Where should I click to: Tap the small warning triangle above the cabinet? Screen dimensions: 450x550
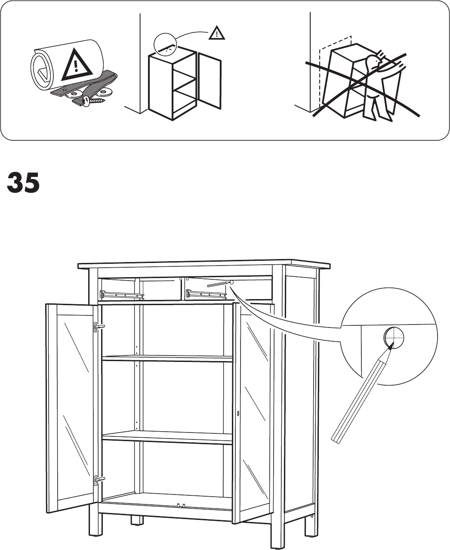(216, 33)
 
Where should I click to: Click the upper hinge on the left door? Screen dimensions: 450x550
(98, 327)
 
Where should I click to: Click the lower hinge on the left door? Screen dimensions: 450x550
(98, 479)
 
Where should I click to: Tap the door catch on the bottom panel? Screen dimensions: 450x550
(180, 505)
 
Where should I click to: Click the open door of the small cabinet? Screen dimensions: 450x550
(210, 82)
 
